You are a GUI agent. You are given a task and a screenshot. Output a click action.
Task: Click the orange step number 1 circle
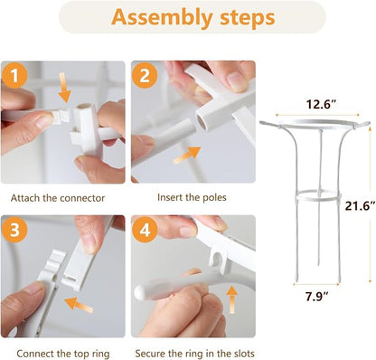14,75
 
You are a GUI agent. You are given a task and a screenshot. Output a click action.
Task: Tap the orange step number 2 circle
145,75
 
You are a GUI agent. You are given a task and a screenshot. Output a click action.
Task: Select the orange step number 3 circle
14,230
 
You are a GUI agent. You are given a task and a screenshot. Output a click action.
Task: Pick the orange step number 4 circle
146,231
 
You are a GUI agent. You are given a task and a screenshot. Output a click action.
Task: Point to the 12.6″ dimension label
321,104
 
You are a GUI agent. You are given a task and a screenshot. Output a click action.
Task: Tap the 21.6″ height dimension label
361,206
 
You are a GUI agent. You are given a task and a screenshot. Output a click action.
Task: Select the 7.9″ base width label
316,297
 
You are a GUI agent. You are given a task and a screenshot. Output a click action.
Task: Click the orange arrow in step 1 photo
64,87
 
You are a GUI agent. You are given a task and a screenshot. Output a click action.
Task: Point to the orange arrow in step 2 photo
187,155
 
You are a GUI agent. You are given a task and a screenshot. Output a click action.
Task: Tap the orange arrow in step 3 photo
79,305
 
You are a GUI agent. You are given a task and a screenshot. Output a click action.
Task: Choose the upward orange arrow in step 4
231,300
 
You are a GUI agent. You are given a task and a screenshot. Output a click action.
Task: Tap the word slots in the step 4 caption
244,353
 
